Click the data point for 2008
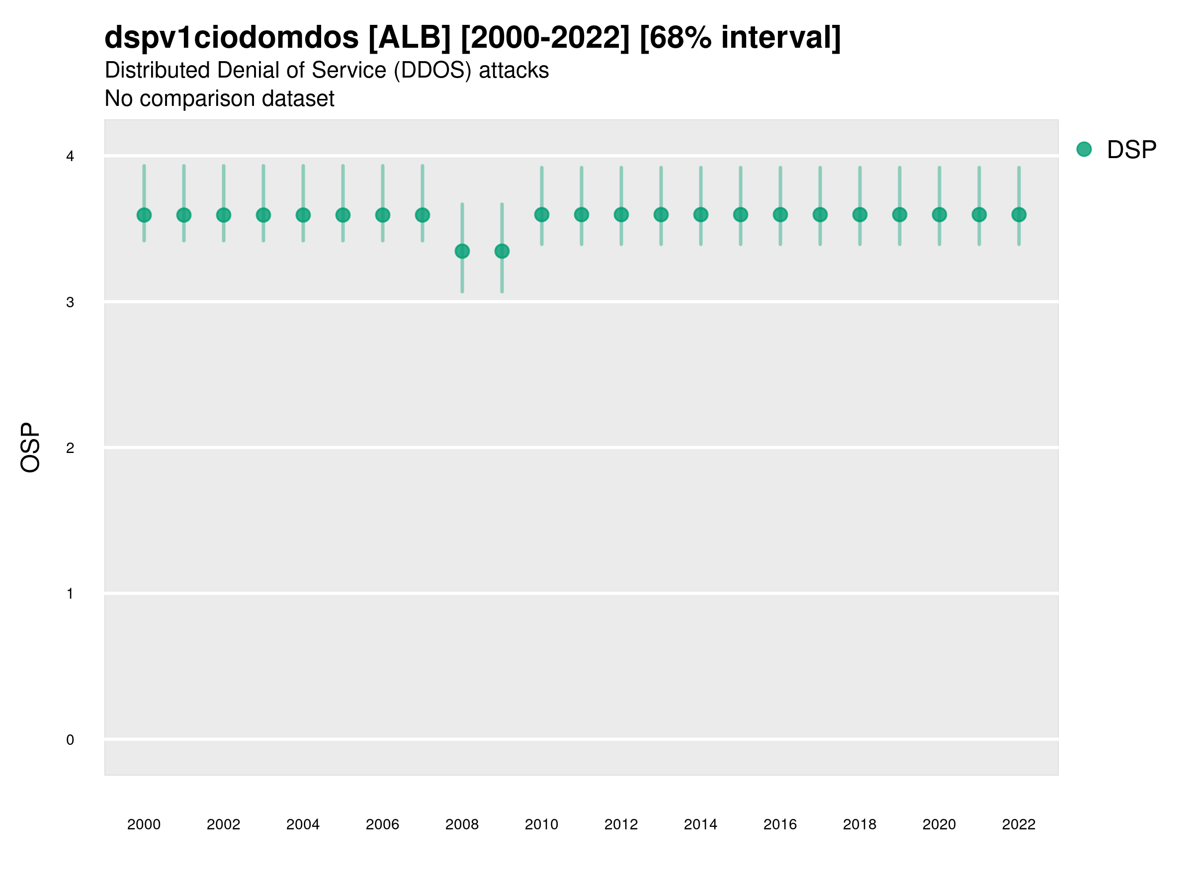point(462,252)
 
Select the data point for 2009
point(502,252)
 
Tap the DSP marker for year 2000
point(144,215)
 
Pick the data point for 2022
point(1019,215)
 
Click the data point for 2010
point(541,215)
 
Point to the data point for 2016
point(780,215)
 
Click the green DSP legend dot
point(1084,150)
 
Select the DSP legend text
point(1131,150)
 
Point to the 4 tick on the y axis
point(70,157)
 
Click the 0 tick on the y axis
point(70,740)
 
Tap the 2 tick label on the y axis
point(70,448)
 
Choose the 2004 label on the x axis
point(303,825)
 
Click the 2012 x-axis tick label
point(621,825)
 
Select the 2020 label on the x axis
point(939,825)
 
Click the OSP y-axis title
point(30,448)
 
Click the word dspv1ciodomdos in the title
point(231,38)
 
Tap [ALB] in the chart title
point(410,38)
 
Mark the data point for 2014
point(700,215)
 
